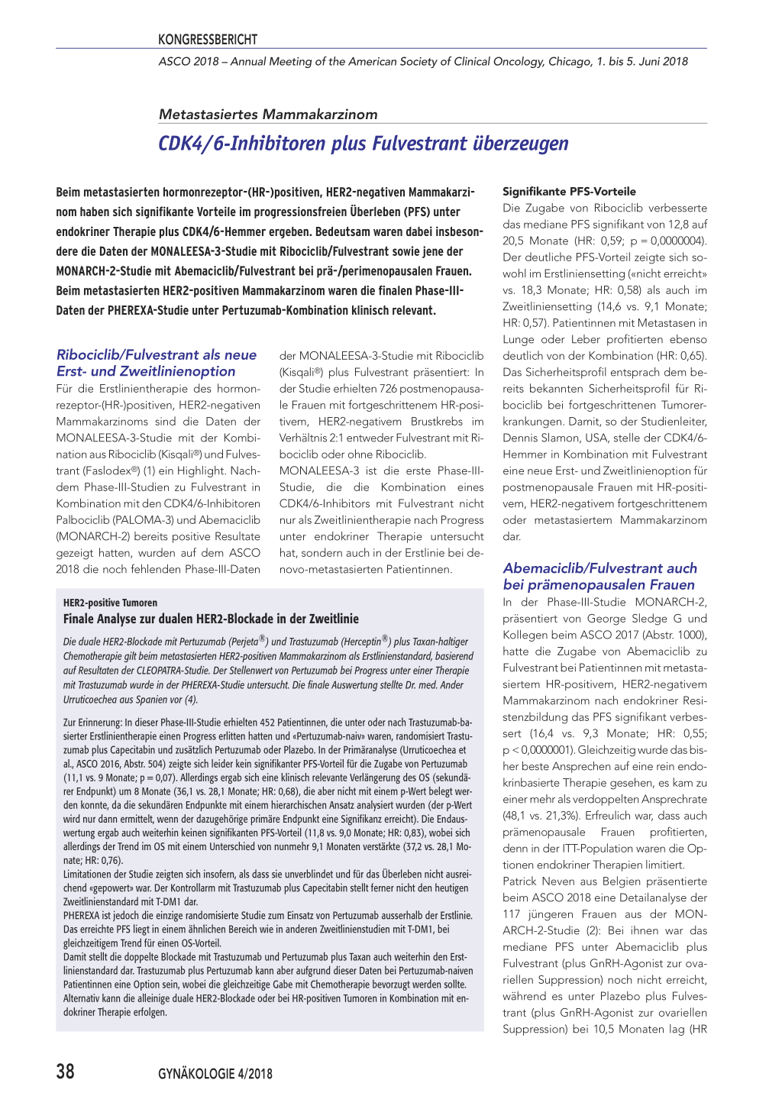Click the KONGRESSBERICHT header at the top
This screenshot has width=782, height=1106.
[x=208, y=40]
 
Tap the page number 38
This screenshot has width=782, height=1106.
[x=66, y=1072]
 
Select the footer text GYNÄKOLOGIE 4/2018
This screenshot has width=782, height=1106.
[x=215, y=1074]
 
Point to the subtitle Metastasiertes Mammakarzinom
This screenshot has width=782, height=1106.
[x=268, y=115]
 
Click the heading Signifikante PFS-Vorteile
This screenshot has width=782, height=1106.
[x=569, y=192]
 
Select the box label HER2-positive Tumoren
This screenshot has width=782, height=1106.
[x=110, y=603]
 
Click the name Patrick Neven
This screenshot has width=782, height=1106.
[x=541, y=881]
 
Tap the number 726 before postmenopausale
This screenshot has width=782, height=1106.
[x=389, y=389]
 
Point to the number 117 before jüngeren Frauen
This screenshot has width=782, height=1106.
[x=512, y=914]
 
